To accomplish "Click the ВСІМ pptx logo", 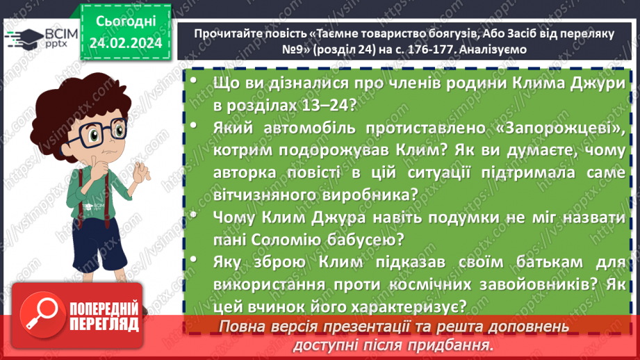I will click(x=33, y=39).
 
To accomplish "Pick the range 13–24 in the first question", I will click(x=325, y=106).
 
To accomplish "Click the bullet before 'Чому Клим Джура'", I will click(x=194, y=218).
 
